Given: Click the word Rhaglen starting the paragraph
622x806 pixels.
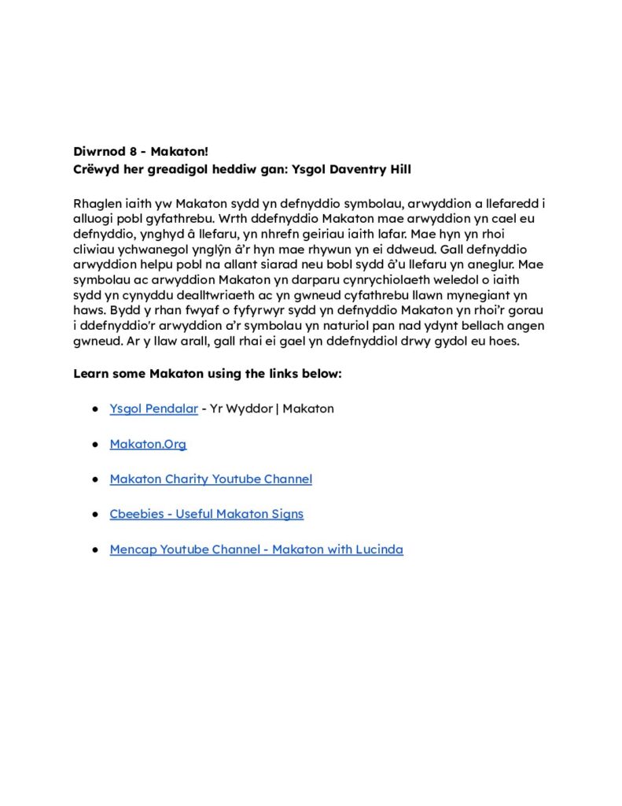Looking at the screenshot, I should [x=99, y=203].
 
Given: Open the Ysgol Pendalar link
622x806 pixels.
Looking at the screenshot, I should [x=153, y=409].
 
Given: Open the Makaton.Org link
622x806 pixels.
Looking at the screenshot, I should [x=148, y=444].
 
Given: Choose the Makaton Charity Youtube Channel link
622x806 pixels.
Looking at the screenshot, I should [x=211, y=479].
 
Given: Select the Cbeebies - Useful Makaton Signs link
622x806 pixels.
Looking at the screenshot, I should [x=206, y=514].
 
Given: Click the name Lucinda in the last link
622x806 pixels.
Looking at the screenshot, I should [x=379, y=549].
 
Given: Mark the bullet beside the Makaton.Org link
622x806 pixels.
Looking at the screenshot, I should [x=94, y=445].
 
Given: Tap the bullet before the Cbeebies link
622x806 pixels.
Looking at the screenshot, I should [x=94, y=515].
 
